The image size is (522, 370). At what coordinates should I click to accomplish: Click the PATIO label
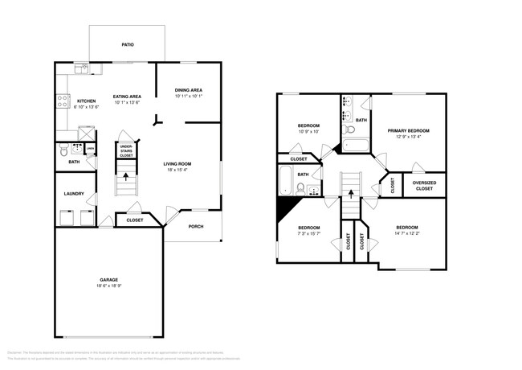pyautogui.click(x=127, y=46)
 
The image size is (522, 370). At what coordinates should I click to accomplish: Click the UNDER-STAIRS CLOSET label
pyautogui.click(x=126, y=150)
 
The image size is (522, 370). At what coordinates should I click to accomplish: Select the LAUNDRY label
pyautogui.click(x=74, y=194)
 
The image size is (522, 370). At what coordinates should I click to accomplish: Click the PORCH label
pyautogui.click(x=196, y=227)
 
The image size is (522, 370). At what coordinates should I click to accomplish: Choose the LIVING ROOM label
pyautogui.click(x=179, y=163)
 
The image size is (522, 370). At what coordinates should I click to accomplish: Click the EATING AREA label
pyautogui.click(x=128, y=97)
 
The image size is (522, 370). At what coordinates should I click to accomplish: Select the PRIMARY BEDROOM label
pyautogui.click(x=408, y=130)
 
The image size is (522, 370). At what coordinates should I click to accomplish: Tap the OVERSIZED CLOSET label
pyautogui.click(x=424, y=186)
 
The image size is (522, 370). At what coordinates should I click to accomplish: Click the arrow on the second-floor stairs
pyautogui.click(x=350, y=192)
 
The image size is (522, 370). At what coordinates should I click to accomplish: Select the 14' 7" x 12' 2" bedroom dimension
pyautogui.click(x=406, y=232)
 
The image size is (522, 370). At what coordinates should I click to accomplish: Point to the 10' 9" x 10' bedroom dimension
pyautogui.click(x=309, y=132)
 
